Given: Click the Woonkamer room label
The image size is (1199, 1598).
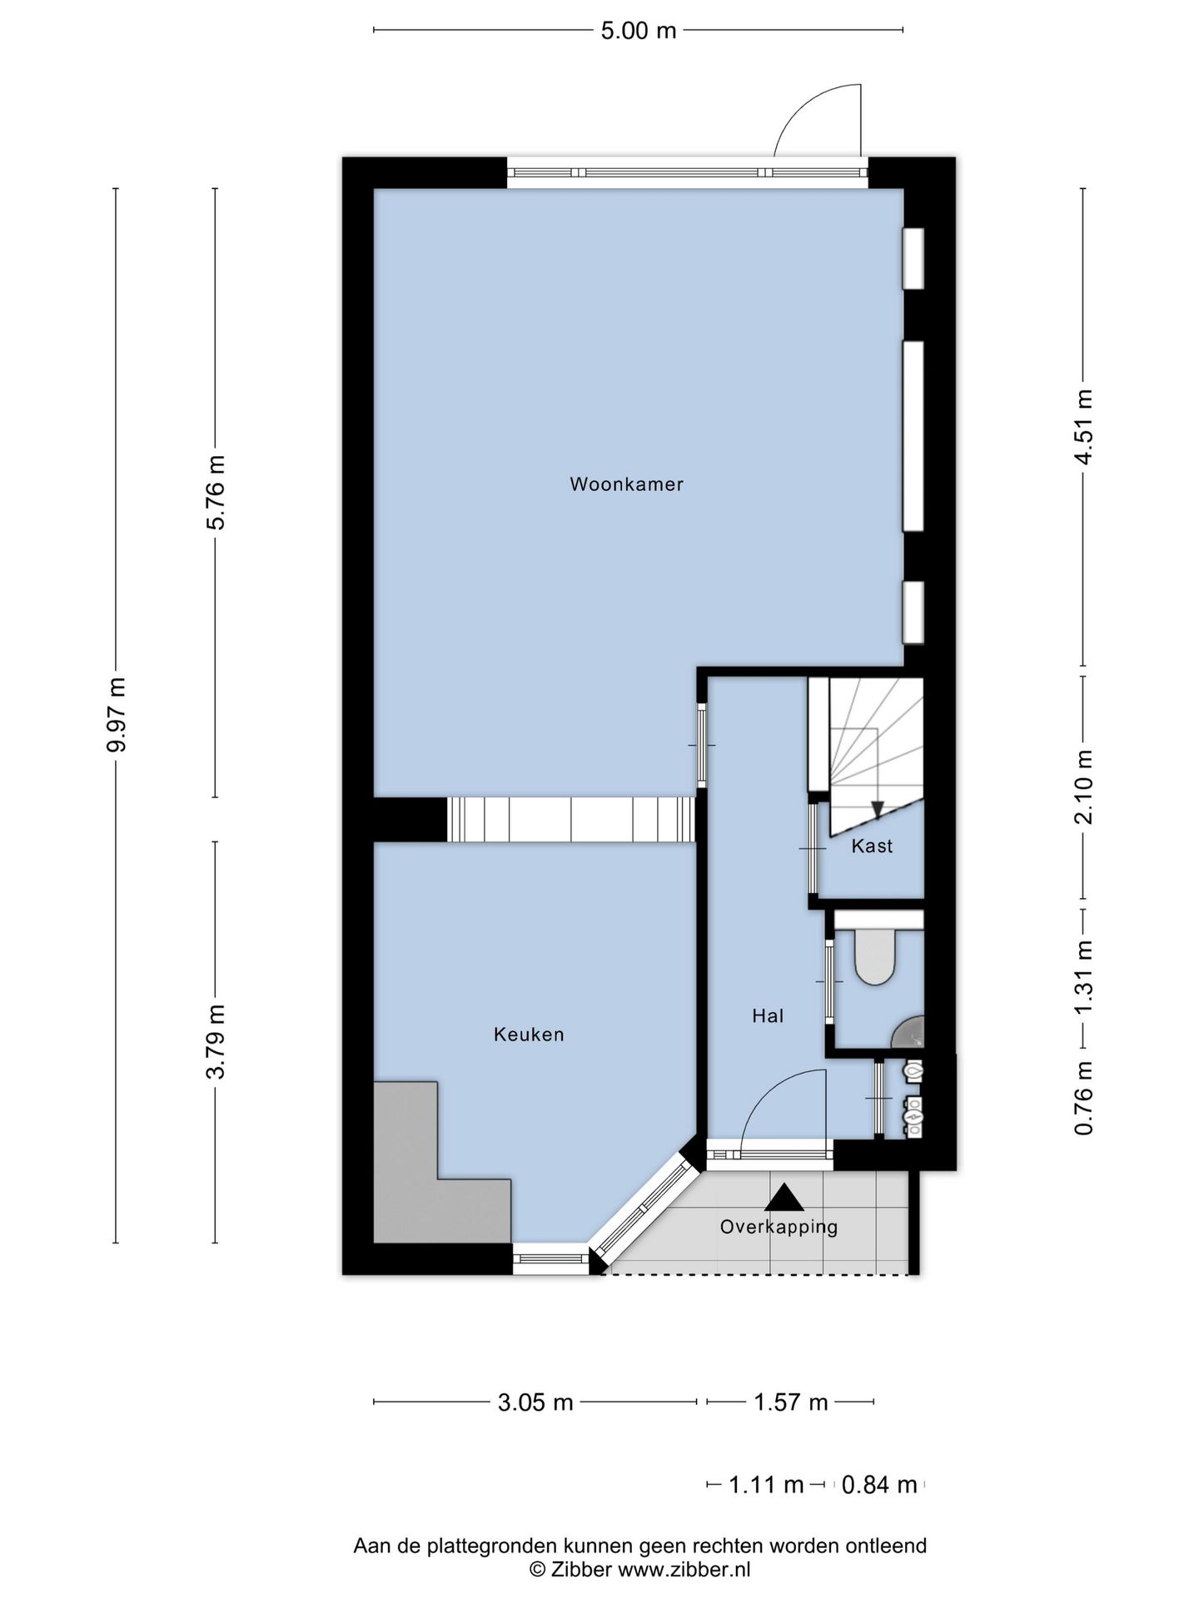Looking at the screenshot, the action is point(626,484).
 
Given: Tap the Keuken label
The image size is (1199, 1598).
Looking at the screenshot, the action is point(529,1035).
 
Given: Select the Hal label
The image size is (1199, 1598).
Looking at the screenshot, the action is point(768,1015).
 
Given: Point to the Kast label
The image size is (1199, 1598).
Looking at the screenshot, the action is point(872,846).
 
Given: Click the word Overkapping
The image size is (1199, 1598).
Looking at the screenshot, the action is point(779,1227).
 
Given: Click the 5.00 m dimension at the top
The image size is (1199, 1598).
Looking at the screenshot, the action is point(639,31).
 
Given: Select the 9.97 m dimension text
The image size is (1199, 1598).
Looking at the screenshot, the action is point(117,715).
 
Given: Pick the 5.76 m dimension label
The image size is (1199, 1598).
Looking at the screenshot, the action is point(216,492).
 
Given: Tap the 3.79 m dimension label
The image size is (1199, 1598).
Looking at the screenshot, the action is point(216,1042).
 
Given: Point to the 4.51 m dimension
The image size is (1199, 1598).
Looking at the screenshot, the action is point(1083,427).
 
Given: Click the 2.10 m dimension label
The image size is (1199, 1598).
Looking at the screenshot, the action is point(1083,787).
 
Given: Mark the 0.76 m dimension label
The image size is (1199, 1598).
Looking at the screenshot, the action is point(1083,1099).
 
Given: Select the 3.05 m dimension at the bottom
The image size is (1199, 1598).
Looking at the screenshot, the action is point(535,1402).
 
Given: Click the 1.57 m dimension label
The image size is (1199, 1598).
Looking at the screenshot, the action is point(791,1402).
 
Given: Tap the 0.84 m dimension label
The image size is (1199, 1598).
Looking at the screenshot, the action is point(879,1484).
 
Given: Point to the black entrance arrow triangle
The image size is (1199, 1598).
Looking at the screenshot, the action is point(784,1198).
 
